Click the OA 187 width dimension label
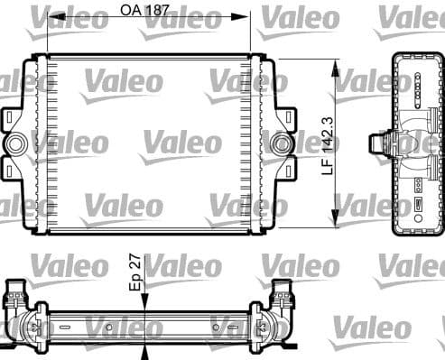coord(145,11)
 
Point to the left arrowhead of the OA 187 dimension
coord(51,16)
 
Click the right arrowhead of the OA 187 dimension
coord(246,16)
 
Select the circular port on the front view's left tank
coord(15,143)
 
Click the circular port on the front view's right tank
coord(281,143)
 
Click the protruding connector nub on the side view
coord(377,143)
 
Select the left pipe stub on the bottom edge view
coord(17,294)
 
